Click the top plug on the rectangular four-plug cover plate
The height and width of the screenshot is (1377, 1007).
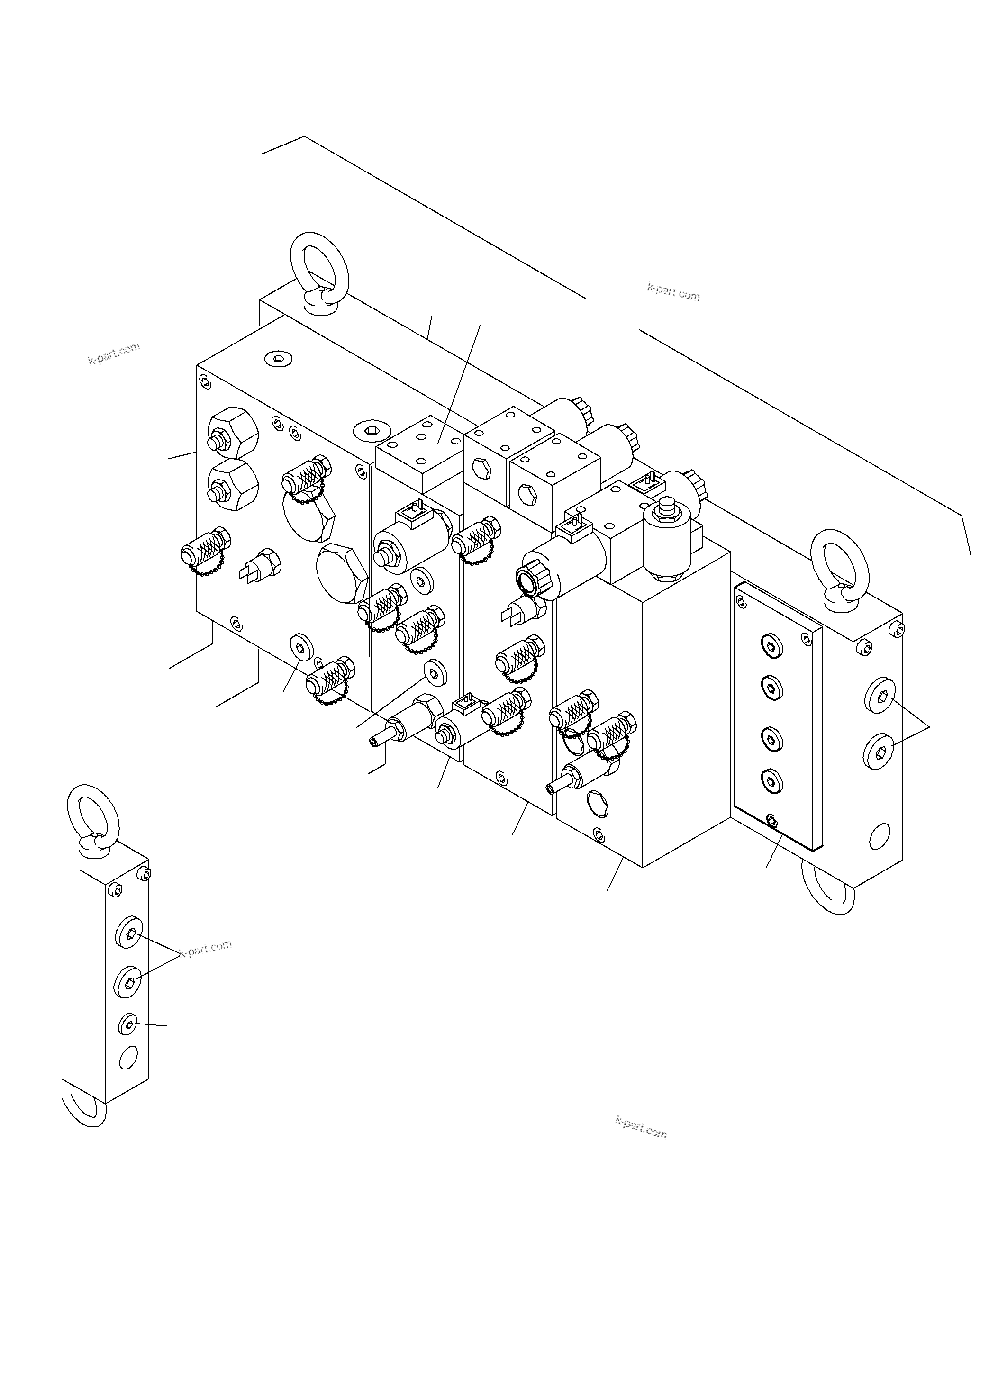pyautogui.click(x=771, y=646)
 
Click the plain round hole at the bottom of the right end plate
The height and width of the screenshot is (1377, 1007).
pyautogui.click(x=879, y=836)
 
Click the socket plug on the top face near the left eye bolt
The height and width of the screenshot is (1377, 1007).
pyautogui.click(x=279, y=358)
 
